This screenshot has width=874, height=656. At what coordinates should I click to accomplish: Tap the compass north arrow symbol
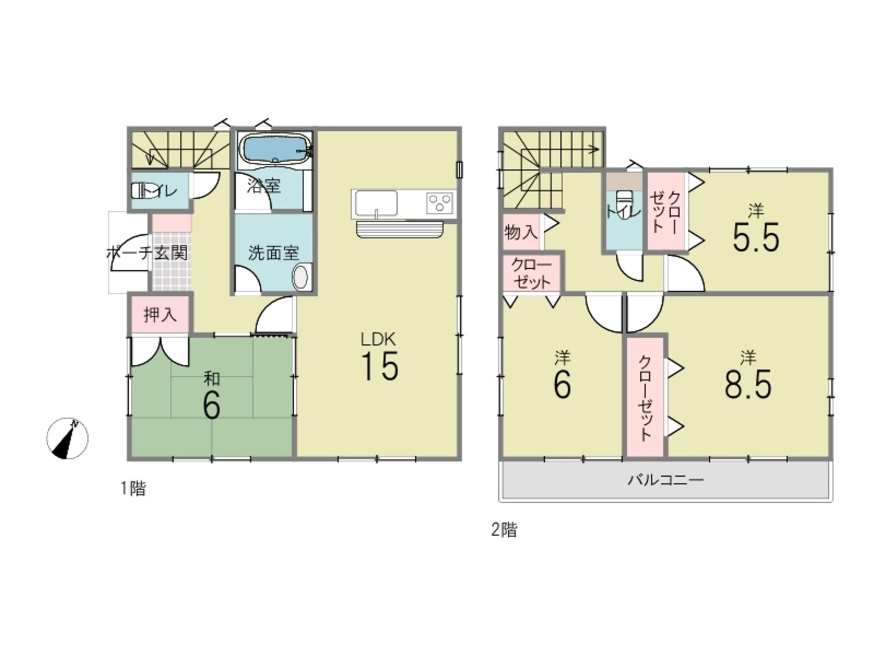[67, 438]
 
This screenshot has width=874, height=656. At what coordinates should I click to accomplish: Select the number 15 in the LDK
[379, 366]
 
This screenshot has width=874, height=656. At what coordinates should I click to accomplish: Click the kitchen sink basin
[376, 204]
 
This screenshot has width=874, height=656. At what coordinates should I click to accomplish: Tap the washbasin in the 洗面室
[300, 277]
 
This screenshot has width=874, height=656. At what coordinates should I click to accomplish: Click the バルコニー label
[665, 480]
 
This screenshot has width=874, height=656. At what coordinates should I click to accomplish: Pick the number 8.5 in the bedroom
[748, 384]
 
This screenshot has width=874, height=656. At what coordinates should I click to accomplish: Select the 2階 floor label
[504, 530]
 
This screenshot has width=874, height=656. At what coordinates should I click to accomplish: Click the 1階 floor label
[133, 488]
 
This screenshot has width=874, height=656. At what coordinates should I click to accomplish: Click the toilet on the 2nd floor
[624, 204]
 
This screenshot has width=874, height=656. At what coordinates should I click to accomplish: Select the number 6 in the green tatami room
[211, 404]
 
